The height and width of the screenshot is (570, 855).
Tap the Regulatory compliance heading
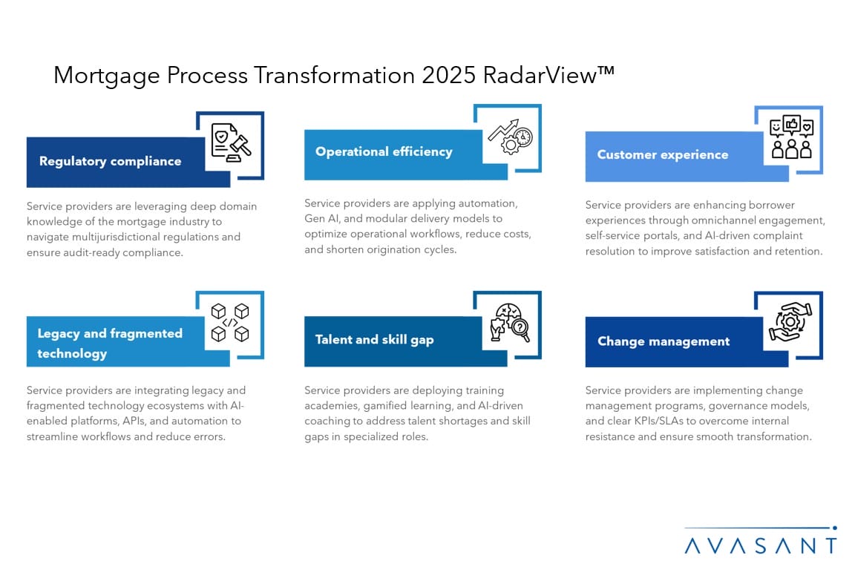110,161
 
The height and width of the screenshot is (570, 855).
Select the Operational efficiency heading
384,151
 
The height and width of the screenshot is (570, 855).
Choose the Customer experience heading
663,154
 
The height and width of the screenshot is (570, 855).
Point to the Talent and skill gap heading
375,339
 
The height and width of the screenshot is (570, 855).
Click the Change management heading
664,341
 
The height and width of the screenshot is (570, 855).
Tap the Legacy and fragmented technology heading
110,343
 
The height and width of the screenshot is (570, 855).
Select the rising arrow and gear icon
511,137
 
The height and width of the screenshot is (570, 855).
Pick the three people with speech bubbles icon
791,137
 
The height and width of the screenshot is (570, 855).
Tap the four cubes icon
230,322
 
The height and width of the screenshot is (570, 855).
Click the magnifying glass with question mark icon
511,323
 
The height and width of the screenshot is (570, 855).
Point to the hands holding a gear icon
790,322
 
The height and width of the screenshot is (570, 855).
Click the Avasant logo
760,540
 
